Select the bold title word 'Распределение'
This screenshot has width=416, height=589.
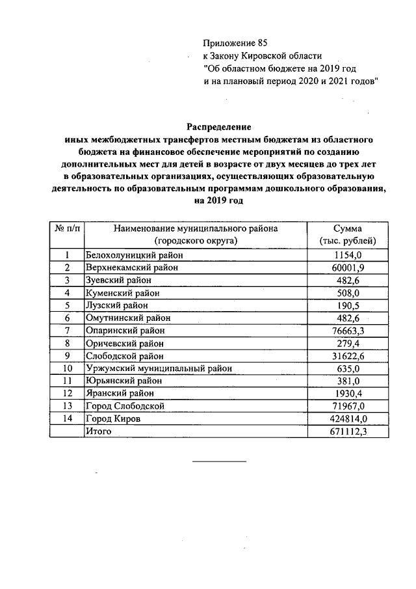[x=219, y=126]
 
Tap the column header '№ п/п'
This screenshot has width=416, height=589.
[x=67, y=228]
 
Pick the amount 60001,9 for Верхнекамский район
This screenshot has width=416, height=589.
[x=352, y=267]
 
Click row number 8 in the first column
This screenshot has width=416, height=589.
[x=67, y=342]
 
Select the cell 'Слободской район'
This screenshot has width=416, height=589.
[x=125, y=355]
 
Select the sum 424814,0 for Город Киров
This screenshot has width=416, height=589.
[x=352, y=418]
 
